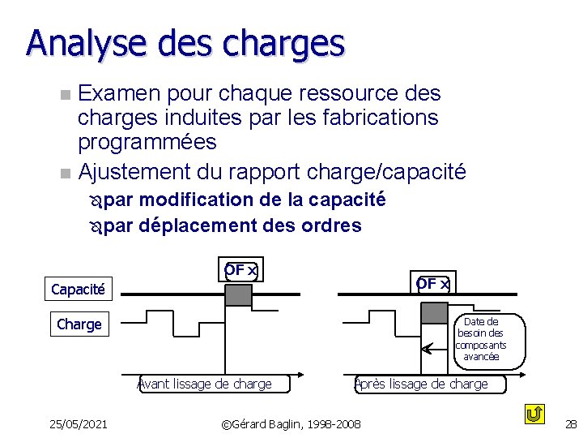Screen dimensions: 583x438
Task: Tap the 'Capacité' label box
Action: coord(78,289)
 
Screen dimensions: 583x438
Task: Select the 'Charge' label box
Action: coord(79,324)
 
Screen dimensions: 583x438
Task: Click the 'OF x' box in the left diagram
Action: coord(240,270)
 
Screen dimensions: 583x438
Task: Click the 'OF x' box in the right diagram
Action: coord(433,283)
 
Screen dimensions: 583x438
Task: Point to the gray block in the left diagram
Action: coord(238,295)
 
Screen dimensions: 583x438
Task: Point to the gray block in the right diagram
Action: coord(434,312)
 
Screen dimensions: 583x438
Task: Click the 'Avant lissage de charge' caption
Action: coord(206,384)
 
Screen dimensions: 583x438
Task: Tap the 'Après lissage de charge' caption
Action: coord(422,384)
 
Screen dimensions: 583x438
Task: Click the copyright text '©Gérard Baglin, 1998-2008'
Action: coord(291,423)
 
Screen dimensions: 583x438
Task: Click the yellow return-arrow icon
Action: coord(534,414)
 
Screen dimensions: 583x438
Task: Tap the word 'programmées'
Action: coord(147,142)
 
